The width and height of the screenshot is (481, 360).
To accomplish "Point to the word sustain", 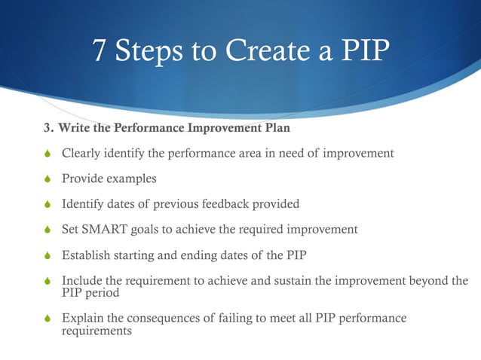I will pyautogui.click(x=296, y=281).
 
